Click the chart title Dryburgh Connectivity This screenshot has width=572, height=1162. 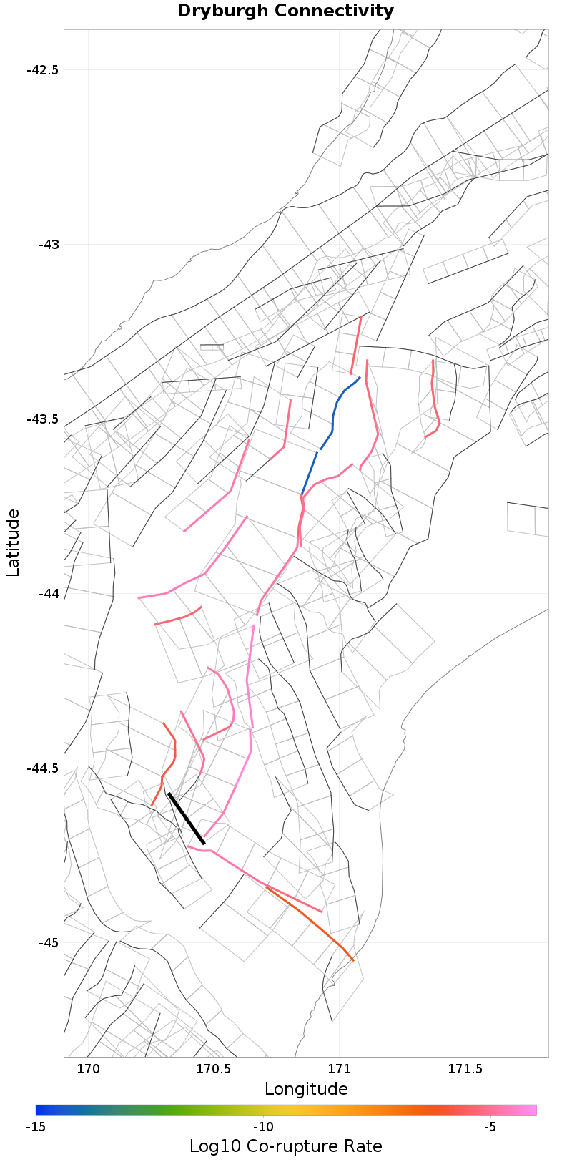tap(285, 11)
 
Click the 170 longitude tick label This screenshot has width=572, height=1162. tap(88, 1070)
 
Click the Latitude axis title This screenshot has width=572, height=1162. tap(13, 542)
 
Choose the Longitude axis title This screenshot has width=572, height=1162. tap(306, 1089)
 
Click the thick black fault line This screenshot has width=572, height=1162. tap(187, 819)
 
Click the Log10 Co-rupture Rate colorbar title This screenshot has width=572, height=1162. tap(286, 1146)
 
